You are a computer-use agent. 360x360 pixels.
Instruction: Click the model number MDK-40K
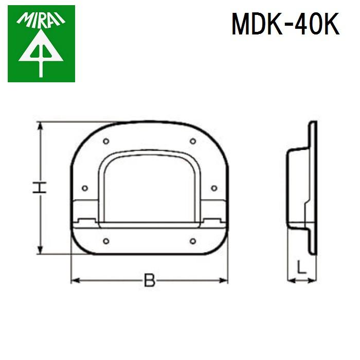(285, 24)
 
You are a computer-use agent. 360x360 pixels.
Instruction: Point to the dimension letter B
(149, 280)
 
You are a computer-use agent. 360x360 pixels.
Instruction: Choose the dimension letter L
(302, 266)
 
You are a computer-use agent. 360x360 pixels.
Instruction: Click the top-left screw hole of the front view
(105, 141)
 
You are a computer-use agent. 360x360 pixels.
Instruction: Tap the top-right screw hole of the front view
(192, 141)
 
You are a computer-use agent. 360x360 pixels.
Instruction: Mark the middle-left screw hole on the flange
(85, 188)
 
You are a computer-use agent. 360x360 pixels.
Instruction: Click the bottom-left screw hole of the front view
(105, 240)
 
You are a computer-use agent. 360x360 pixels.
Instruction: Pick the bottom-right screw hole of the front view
(192, 240)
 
